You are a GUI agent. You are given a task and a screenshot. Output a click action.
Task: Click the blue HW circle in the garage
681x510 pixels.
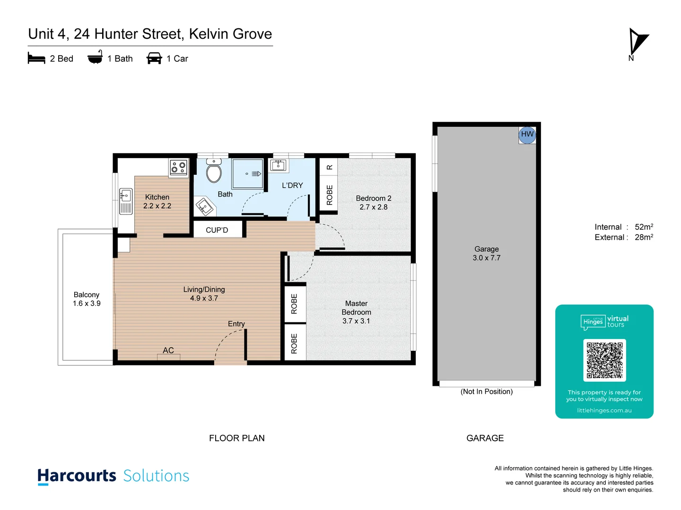(x=527, y=134)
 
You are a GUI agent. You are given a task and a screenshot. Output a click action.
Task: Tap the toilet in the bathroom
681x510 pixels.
(x=214, y=171)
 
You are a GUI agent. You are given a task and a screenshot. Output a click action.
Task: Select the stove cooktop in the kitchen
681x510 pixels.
(x=178, y=167)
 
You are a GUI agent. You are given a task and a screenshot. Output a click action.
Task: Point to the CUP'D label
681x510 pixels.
(x=217, y=230)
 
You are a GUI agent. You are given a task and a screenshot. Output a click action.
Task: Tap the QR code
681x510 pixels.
(x=604, y=360)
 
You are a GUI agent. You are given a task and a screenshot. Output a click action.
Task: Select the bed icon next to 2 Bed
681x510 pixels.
(x=36, y=59)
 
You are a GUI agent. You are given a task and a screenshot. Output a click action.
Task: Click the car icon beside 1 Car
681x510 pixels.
(x=154, y=59)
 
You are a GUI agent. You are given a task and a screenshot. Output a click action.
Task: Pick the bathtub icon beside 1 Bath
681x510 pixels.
(x=95, y=58)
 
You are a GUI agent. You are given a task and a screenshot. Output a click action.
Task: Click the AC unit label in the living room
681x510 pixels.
(x=168, y=350)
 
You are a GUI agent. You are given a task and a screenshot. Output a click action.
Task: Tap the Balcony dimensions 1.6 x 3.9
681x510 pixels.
(x=87, y=304)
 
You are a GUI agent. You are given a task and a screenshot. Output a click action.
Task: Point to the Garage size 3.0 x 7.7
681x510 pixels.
(x=486, y=258)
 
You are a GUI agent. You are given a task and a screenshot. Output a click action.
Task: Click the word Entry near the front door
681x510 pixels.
(x=236, y=324)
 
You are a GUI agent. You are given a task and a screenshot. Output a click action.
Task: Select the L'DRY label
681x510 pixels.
(x=292, y=186)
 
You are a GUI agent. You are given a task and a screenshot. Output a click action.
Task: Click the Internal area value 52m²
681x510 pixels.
(x=644, y=227)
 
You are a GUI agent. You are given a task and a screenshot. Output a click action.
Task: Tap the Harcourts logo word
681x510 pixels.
(x=77, y=476)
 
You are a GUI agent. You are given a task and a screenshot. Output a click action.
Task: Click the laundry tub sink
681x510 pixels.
(x=278, y=165)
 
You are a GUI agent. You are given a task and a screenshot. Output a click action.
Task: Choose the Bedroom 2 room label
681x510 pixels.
(x=373, y=198)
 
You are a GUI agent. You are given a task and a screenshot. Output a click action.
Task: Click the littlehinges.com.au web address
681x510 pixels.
(x=604, y=410)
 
